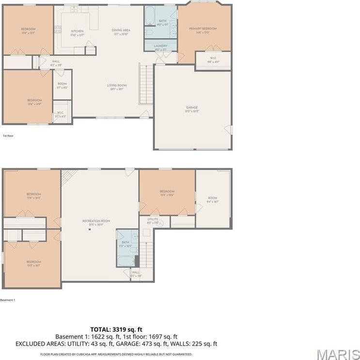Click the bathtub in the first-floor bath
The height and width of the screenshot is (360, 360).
tap(150, 16)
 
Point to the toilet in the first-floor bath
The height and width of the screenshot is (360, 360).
tap(149, 33)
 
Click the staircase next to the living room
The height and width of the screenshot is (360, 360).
tap(146, 83)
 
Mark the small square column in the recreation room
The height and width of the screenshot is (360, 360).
tap(90, 229)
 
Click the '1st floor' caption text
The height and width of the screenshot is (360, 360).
tap(8, 136)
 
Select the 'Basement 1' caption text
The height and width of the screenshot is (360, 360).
tap(8, 300)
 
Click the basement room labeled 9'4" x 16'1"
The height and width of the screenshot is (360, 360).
tap(213, 199)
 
